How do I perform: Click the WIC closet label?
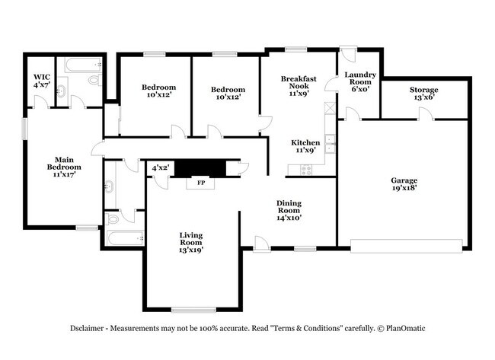40,77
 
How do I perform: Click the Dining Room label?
289,203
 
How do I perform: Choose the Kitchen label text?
305,142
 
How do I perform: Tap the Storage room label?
424,90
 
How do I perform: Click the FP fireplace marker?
201,183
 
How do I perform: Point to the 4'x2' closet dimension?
161,167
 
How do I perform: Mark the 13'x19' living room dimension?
191,249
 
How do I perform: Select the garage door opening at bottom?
407,244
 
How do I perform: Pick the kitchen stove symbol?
306,170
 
